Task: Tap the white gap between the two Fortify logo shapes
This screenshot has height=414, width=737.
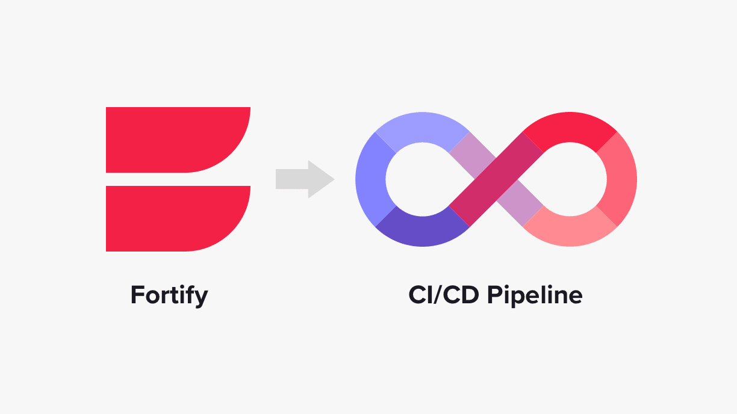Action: (175, 179)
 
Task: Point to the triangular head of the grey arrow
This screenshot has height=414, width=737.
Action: (320, 179)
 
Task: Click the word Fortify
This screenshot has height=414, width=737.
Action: (169, 295)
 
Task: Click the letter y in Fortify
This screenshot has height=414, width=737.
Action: (201, 297)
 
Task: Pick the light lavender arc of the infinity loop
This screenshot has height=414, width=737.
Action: (421, 130)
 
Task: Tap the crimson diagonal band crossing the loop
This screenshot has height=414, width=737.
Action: (496, 179)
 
